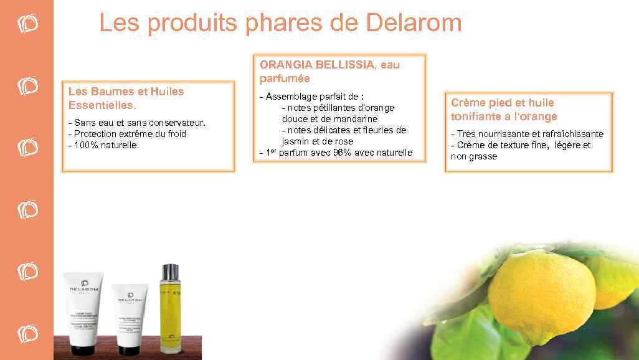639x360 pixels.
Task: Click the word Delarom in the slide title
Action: [414, 24]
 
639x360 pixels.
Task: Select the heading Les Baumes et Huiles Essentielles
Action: [126, 98]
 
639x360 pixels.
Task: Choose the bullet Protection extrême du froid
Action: [130, 134]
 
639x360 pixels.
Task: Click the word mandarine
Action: [354, 119]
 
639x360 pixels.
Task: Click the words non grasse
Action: [473, 156]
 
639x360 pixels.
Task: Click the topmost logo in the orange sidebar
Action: [27, 23]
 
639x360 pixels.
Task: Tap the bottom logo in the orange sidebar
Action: [27, 333]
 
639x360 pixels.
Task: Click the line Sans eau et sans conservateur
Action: [136, 123]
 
